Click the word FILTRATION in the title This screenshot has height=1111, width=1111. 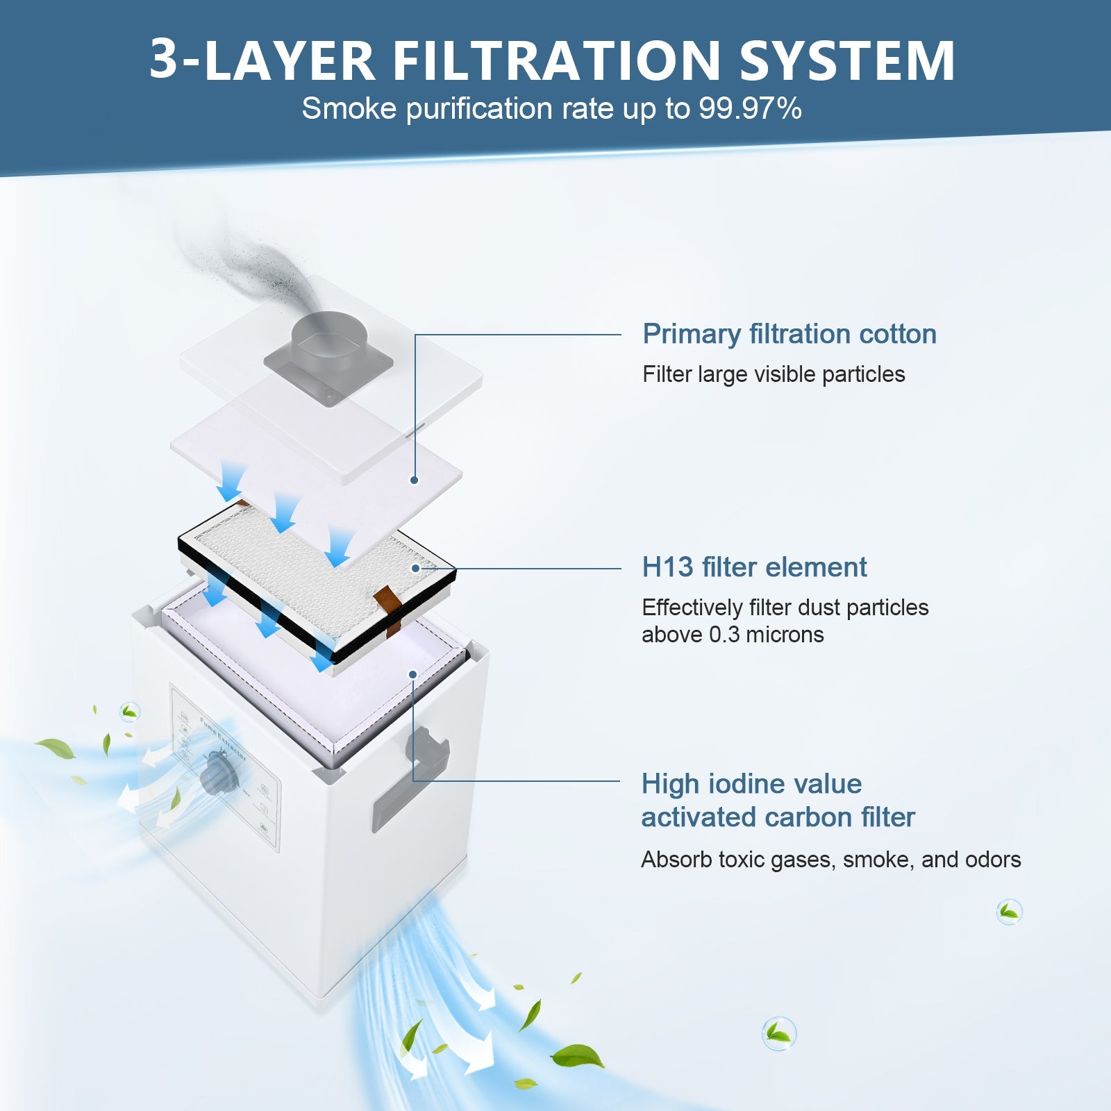tap(557, 61)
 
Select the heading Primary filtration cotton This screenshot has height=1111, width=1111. tap(789, 334)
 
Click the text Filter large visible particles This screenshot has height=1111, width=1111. tap(773, 374)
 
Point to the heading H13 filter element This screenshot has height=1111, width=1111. tap(754, 567)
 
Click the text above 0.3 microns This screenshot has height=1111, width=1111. tap(732, 635)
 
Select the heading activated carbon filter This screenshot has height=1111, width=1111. tap(778, 817)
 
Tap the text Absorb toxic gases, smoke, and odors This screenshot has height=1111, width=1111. tap(830, 860)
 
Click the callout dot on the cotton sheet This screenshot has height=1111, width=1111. tap(414, 480)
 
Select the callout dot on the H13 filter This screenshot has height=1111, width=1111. tap(415, 568)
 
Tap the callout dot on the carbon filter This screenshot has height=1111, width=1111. tap(412, 674)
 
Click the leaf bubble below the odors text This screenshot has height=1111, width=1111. tap(1008, 911)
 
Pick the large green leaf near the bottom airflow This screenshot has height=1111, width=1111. tap(578, 1057)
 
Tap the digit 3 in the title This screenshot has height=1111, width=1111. tap(164, 61)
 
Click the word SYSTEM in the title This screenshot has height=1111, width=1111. tap(847, 61)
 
